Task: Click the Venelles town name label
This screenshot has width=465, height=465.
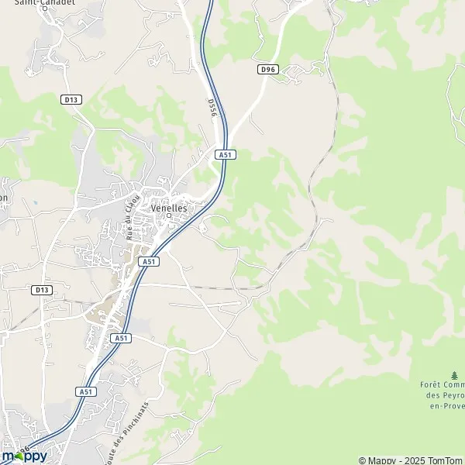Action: [x=170, y=207]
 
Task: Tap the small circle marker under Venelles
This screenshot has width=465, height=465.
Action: [x=168, y=216]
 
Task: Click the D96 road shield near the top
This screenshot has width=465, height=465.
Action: [x=267, y=69]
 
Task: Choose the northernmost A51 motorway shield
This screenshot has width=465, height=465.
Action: [x=226, y=155]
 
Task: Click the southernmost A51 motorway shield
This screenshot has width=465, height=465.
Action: [x=86, y=392]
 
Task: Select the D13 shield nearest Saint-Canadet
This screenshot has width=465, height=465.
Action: [x=71, y=99]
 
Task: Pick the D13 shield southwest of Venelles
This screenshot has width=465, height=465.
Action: [x=42, y=290]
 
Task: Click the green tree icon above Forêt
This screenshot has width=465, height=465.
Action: [x=454, y=374]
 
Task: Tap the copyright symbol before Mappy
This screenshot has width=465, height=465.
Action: [x=363, y=460]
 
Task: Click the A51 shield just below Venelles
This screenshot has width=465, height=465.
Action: [x=149, y=262]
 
